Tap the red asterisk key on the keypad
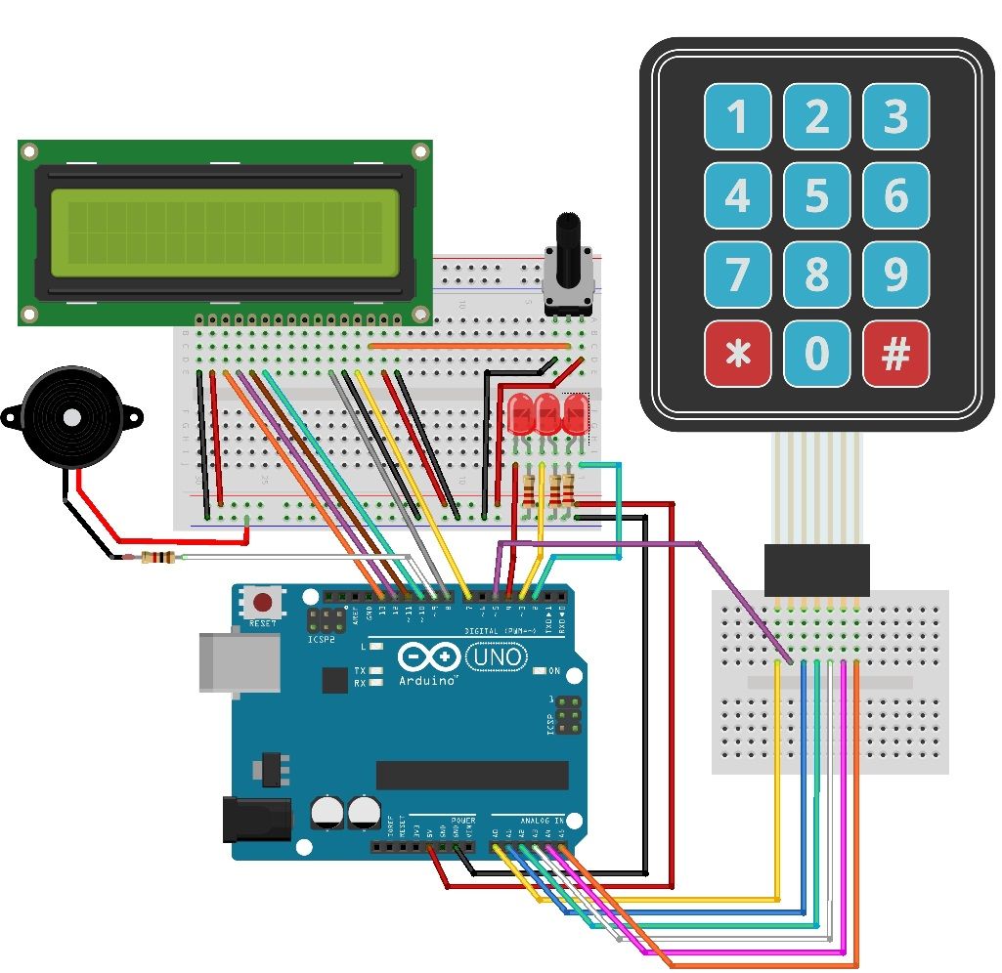[737, 354]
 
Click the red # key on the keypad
[895, 354]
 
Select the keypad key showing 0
[816, 354]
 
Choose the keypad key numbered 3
[895, 116]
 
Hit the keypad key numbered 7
[737, 275]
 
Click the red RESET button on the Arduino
[262, 601]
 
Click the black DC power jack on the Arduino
[256, 819]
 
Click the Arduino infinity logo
[428, 656]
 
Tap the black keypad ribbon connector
[816, 571]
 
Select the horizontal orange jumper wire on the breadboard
[469, 345]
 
